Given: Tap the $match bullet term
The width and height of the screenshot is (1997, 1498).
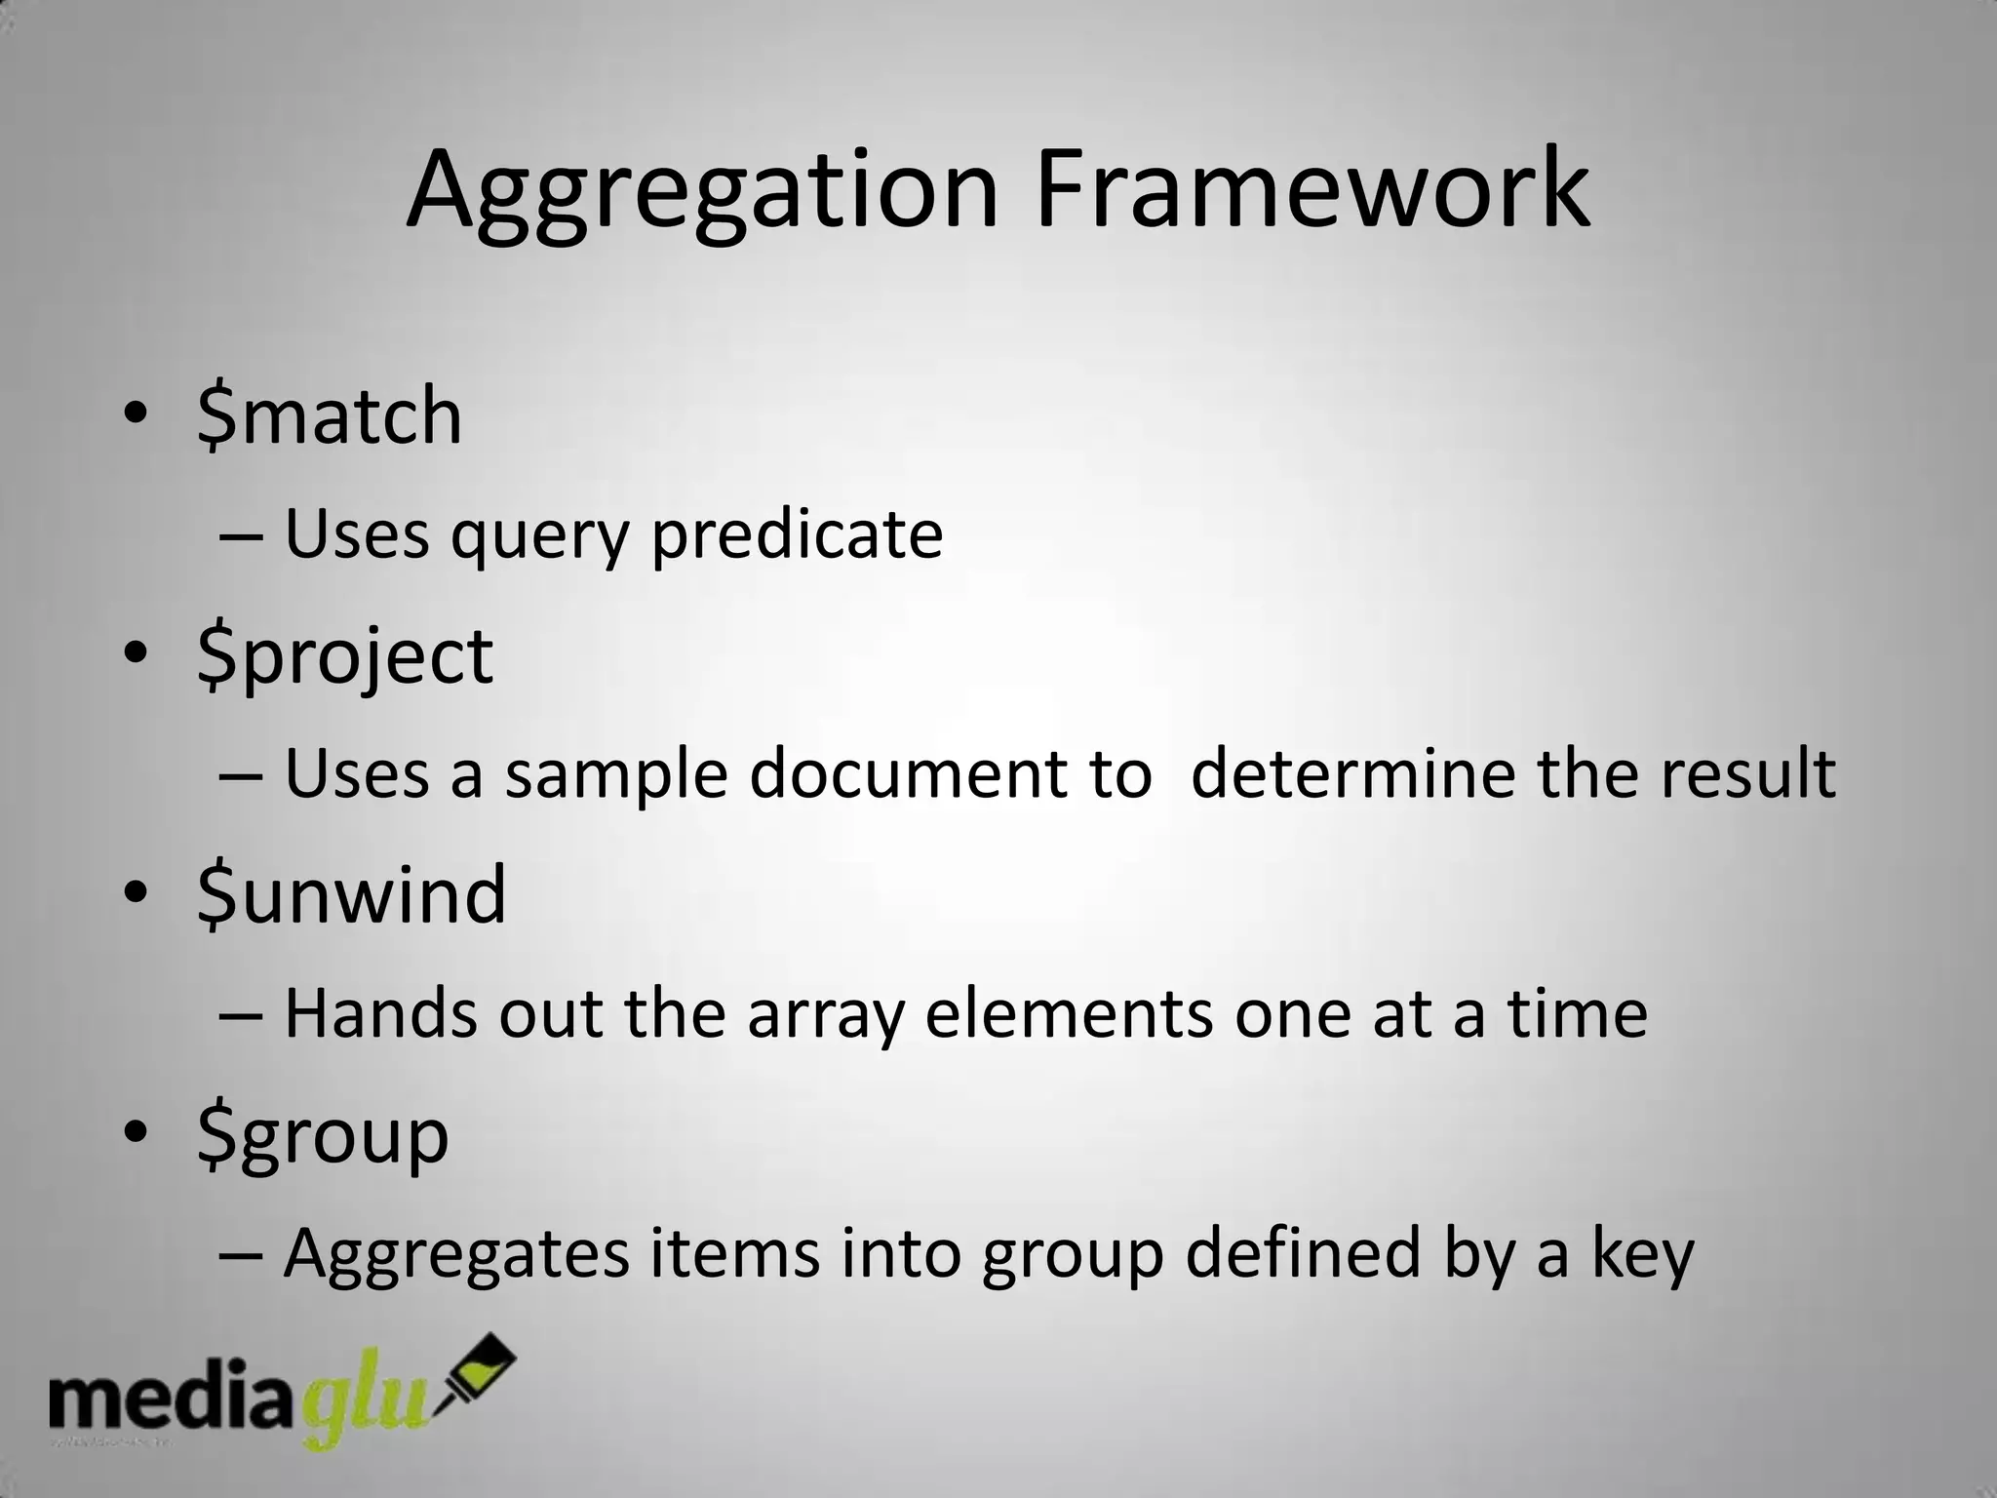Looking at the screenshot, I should click(x=330, y=416).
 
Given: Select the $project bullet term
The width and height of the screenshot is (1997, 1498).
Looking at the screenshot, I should click(x=345, y=656).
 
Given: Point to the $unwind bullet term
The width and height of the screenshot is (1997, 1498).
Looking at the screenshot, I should click(x=351, y=894).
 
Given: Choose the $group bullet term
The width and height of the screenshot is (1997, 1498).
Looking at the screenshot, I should click(x=323, y=1136).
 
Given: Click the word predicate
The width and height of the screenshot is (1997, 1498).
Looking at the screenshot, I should click(x=797, y=535).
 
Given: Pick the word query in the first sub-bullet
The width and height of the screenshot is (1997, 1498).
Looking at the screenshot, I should click(x=539, y=537).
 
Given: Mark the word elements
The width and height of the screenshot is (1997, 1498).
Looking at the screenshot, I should click(x=1069, y=1013).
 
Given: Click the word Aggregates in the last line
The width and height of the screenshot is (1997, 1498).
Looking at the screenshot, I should click(x=456, y=1254).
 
